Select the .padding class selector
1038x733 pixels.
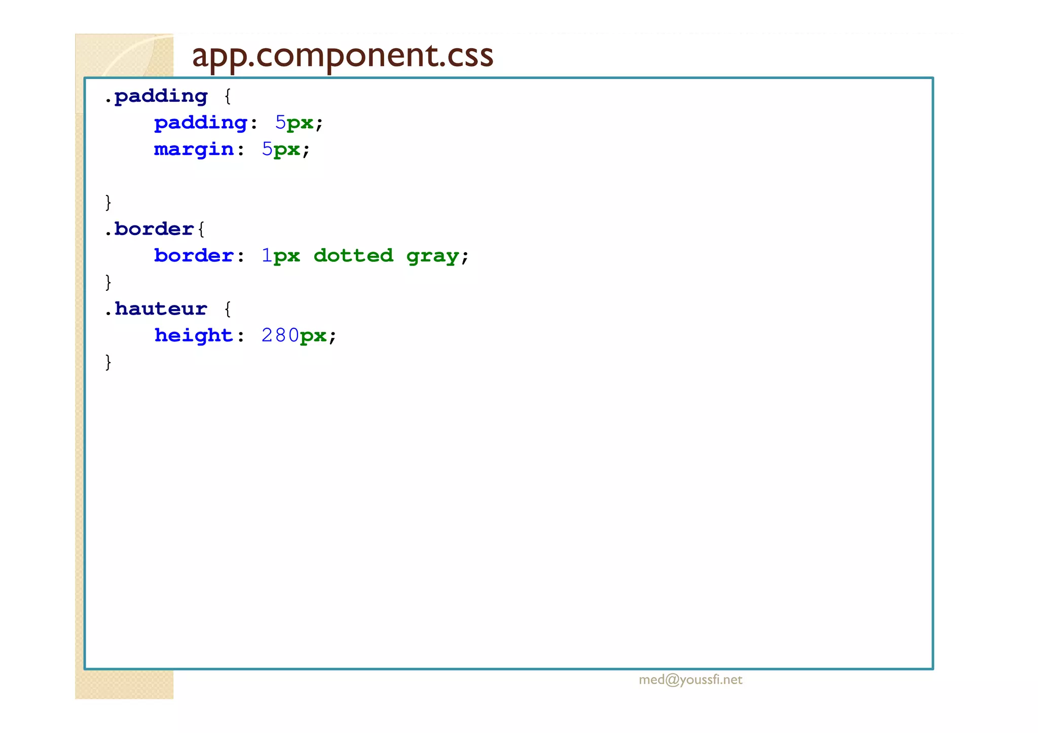(157, 96)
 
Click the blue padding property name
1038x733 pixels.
(201, 123)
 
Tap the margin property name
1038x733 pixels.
(194, 149)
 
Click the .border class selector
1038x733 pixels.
(150, 229)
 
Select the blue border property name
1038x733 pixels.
(194, 256)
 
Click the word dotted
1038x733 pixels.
(353, 256)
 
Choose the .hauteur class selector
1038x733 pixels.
(157, 308)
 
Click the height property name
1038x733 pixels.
(194, 335)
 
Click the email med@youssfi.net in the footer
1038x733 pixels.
(690, 680)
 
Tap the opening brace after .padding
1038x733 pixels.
(228, 96)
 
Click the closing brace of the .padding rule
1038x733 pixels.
(108, 202)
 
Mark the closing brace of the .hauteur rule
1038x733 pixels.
(108, 362)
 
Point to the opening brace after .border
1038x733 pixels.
(201, 229)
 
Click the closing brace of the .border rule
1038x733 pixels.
(108, 282)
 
